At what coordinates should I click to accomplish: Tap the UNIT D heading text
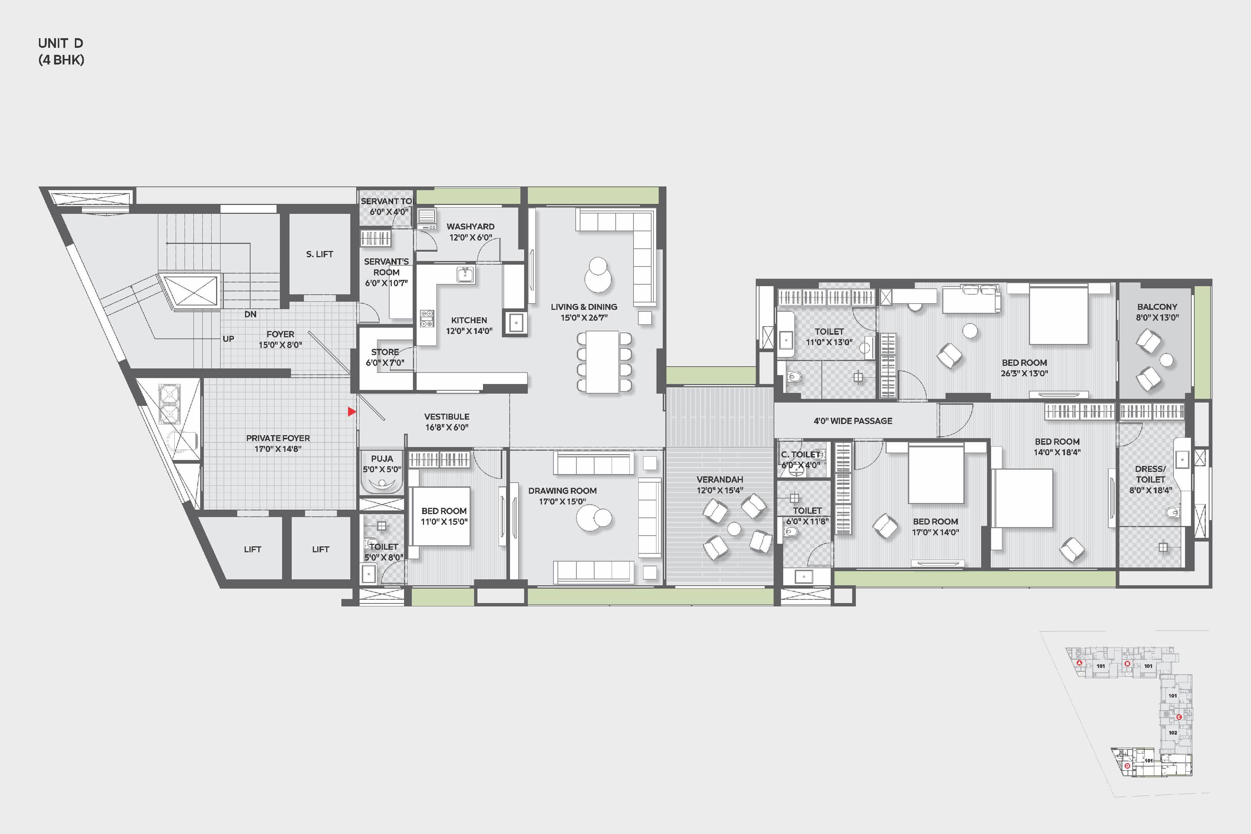coord(61,43)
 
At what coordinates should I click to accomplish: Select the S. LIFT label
coord(320,254)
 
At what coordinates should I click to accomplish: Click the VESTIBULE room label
coord(447,417)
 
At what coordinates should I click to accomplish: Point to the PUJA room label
coord(382,459)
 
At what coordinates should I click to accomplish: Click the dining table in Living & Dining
coord(603,362)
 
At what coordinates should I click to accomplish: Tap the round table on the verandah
coord(734,528)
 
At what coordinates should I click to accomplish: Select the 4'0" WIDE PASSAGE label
coord(853,421)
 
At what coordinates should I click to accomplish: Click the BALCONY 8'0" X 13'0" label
coord(1157,312)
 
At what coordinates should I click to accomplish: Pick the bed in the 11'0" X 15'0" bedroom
coord(441,516)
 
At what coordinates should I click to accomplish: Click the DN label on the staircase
coord(251,314)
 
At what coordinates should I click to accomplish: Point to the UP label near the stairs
coord(228,339)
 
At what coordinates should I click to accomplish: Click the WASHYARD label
coord(470,226)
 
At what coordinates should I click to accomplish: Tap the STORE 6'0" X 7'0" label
coord(385,357)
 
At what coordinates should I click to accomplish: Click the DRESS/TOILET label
coord(1151,474)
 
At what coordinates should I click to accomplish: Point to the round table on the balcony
coord(1166,361)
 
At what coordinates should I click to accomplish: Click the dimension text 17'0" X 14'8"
coord(278,449)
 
